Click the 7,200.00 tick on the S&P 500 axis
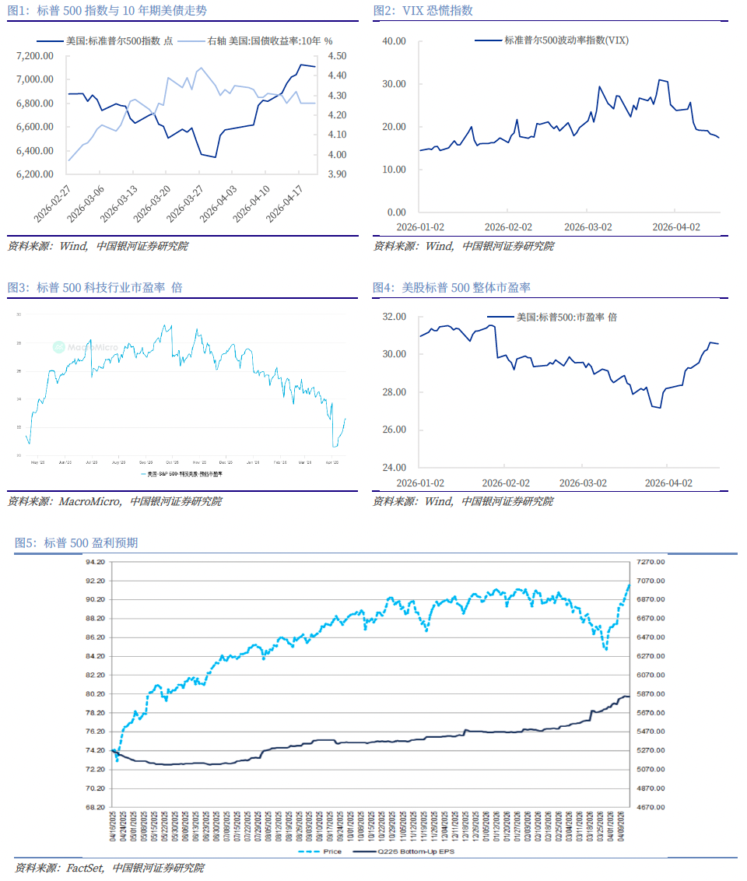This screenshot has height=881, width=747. (34, 56)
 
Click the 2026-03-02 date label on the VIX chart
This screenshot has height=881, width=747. (588, 227)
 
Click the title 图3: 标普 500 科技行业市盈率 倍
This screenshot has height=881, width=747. (95, 287)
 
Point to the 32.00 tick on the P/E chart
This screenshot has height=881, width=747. (396, 317)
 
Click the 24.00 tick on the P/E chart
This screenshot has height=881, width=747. (396, 468)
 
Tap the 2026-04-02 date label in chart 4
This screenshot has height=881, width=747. (668, 483)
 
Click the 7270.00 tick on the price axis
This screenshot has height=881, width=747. (649, 562)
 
